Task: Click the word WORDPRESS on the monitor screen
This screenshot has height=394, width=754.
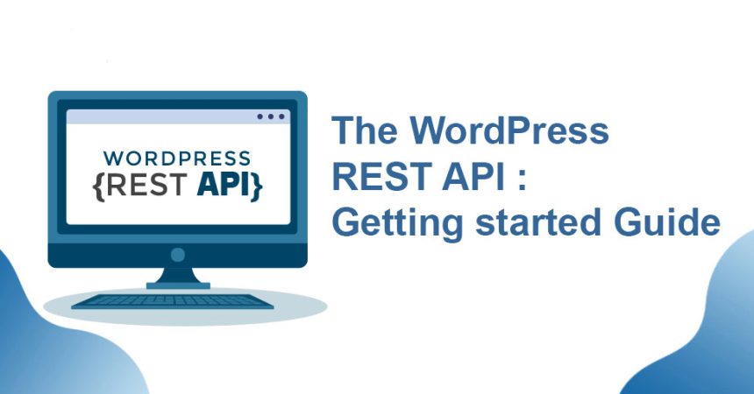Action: [x=177, y=158]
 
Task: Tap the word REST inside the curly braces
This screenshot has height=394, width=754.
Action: [x=146, y=185]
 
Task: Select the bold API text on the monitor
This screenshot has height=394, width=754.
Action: [x=223, y=185]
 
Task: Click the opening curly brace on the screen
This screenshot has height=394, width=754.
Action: [x=98, y=186]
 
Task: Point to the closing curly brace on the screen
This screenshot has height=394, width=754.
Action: [x=257, y=186]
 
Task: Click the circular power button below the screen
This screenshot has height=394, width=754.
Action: [x=177, y=255]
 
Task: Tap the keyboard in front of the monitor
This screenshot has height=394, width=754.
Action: [x=172, y=301]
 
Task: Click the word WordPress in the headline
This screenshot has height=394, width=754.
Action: [x=509, y=130]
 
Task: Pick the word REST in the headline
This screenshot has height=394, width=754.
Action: [x=381, y=176]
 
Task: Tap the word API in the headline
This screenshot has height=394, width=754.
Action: [x=474, y=176]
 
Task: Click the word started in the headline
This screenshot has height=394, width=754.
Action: [x=538, y=222]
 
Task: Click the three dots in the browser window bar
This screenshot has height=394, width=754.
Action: [x=271, y=116]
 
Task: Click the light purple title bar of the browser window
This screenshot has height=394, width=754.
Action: [x=178, y=116]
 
